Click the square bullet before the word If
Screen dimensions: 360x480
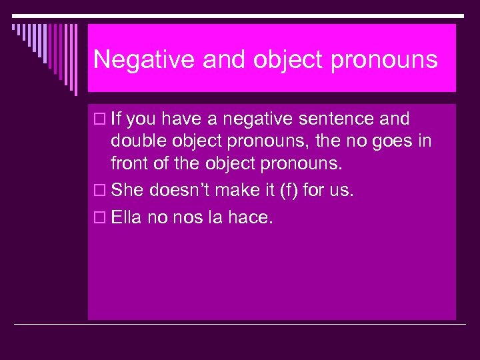(100, 120)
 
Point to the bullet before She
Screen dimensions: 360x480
(100, 191)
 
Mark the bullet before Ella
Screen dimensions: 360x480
(100, 219)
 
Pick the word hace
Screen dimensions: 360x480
(251, 218)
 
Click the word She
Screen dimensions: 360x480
(128, 191)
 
